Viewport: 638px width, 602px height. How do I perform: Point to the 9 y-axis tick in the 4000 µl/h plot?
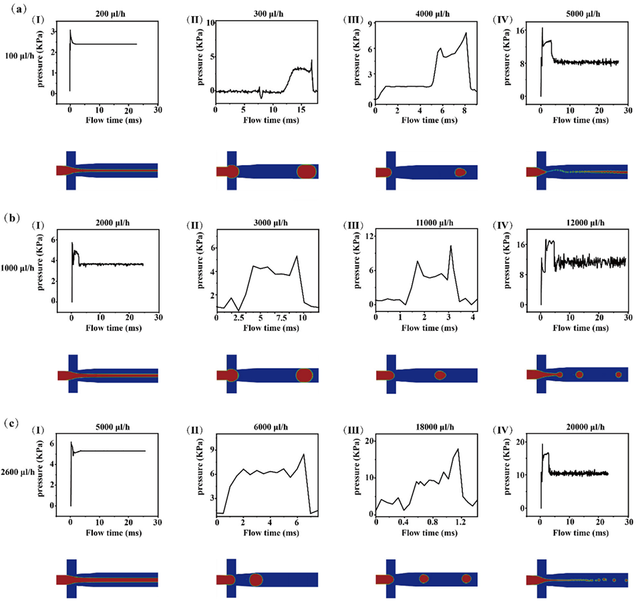[x=367, y=23]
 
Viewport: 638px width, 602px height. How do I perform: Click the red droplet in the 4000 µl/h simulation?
[x=460, y=172]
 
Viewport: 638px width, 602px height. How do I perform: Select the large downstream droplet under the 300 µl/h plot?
[x=306, y=172]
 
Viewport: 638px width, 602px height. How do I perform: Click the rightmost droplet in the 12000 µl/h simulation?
[x=619, y=375]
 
